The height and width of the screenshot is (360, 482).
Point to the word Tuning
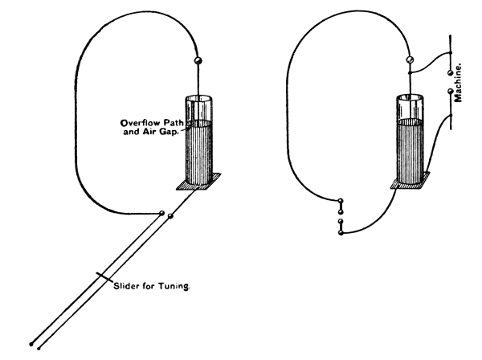pyautogui.click(x=174, y=287)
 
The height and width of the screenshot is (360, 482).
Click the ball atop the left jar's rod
pyautogui.click(x=198, y=62)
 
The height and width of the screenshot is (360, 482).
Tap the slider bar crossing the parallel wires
pyautogui.click(x=101, y=276)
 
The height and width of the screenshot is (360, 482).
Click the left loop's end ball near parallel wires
pyautogui.click(x=163, y=213)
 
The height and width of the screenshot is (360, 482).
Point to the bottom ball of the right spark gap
pyautogui.click(x=341, y=232)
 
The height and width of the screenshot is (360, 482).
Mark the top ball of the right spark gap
pyautogui.click(x=341, y=202)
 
